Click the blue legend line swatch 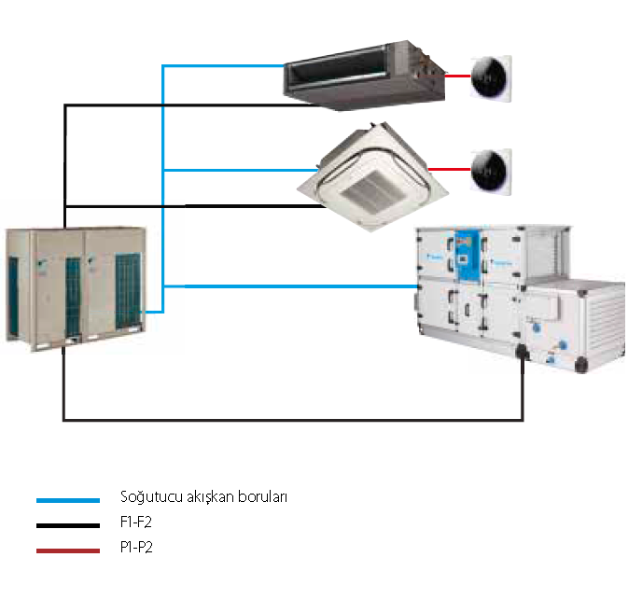67,501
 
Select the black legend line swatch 67,526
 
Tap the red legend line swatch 67,550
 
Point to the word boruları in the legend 262,497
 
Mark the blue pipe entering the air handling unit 299,286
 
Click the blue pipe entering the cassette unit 243,170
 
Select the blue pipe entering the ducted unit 224,65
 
